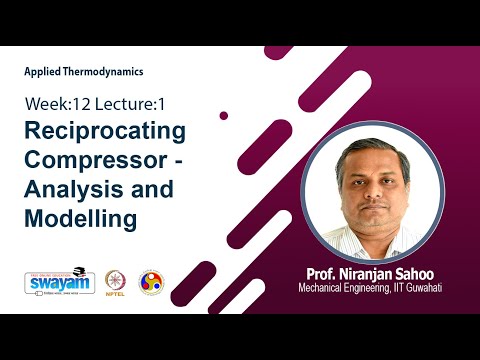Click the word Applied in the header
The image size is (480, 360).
coord(43,73)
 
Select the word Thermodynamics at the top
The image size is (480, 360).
coord(104,73)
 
